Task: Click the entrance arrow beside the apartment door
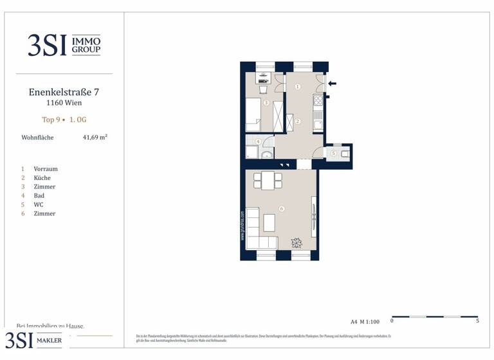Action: click(332, 83)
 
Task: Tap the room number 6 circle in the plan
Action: click(282, 208)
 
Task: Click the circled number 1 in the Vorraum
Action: click(297, 86)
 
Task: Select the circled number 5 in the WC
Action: click(334, 153)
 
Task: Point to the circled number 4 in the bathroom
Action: click(259, 141)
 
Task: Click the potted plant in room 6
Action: click(297, 242)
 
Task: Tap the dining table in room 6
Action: click(266, 181)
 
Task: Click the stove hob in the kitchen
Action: click(317, 100)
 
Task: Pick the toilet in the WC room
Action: click(345, 153)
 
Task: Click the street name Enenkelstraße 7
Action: click(64, 92)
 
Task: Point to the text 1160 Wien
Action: click(64, 102)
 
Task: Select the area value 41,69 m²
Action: click(95, 137)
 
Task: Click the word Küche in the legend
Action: click(42, 178)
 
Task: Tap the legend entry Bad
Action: click(39, 195)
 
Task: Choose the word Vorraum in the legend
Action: click(46, 169)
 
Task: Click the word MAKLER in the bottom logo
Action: click(49, 341)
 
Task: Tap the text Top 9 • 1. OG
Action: click(64, 119)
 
